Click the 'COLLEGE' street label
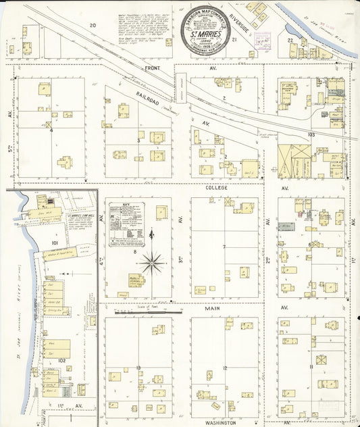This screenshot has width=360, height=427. (218, 187)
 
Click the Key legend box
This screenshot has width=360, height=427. (127, 224)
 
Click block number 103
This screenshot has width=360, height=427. (311, 135)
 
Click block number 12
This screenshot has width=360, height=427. (225, 368)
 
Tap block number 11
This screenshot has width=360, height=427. (310, 367)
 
